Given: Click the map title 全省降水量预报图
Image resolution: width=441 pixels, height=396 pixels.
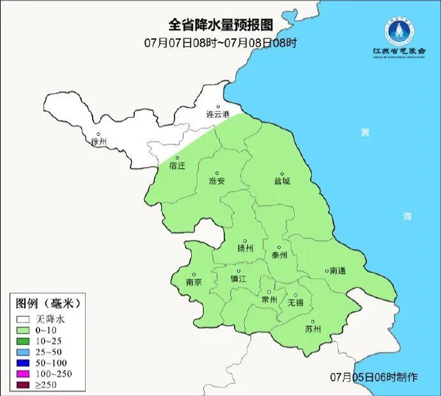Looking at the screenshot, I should tap(220, 25).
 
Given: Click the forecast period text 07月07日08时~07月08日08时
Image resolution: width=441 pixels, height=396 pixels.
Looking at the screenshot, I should tap(220, 43).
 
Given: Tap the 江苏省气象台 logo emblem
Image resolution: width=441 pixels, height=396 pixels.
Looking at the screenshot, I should tap(399, 29).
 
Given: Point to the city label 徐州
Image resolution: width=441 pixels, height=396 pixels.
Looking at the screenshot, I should tap(99, 141).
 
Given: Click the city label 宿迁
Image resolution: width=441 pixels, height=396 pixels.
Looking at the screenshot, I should tap(177, 166).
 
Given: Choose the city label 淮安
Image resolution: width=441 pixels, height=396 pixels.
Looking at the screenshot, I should tap(217, 181).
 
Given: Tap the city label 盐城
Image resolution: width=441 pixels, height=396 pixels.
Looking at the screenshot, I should tap(281, 181).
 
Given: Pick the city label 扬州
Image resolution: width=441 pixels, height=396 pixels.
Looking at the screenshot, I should tap(245, 248).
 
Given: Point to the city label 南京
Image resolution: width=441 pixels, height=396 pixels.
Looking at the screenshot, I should tap(194, 282).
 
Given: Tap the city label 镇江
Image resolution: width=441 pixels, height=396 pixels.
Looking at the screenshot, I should tap(238, 279).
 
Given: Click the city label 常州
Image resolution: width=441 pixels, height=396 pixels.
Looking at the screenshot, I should tap(269, 299).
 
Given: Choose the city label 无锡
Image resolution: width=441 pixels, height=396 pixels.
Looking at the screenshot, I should tap(296, 302).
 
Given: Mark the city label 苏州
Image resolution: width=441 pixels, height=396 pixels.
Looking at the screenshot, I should tap(313, 329).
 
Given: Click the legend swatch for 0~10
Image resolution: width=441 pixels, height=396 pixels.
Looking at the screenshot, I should tap(24, 329).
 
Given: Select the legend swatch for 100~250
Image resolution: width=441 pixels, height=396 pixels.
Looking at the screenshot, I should tap(24, 373).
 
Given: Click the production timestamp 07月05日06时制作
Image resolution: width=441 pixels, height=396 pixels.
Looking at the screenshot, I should tap(375, 377).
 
